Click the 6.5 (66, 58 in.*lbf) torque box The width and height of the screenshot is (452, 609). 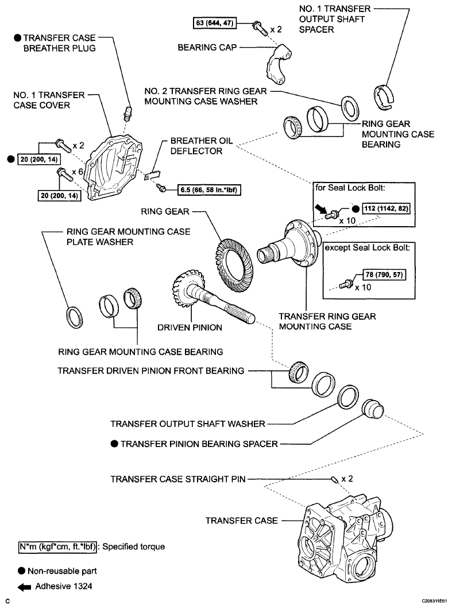coord(209,190)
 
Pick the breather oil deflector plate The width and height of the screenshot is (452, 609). coord(152,176)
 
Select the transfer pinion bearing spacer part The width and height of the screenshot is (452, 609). coord(373,408)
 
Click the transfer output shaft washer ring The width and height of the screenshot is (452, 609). coord(348,397)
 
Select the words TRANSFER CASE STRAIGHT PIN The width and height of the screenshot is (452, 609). coord(178,479)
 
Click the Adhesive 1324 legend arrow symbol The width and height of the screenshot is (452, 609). coord(24,587)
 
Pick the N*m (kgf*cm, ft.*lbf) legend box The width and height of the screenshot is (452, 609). coord(57,547)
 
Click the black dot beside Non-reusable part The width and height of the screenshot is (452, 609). coord(21,571)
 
